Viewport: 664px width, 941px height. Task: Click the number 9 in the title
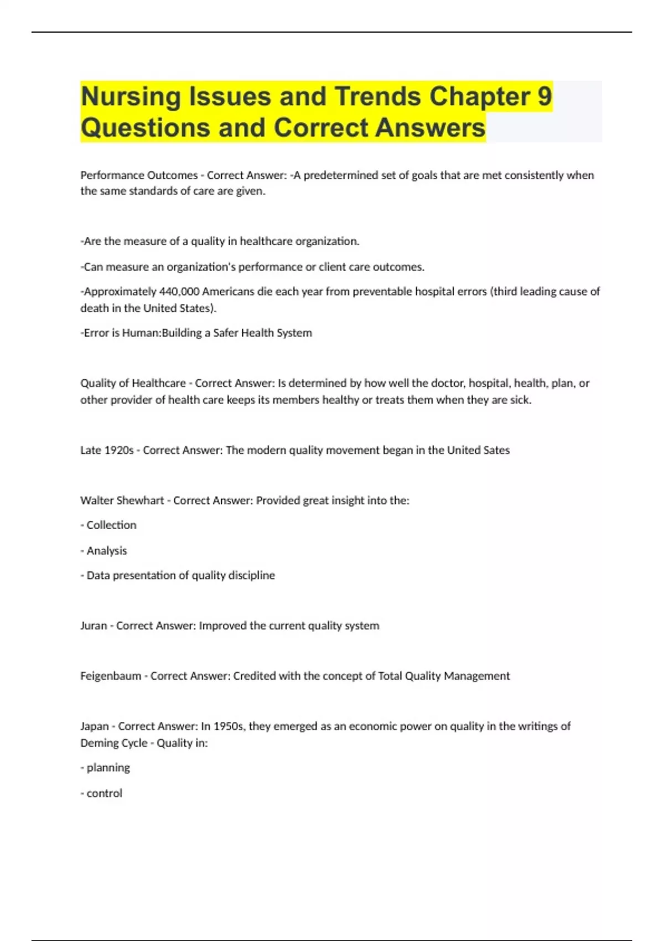coord(544,96)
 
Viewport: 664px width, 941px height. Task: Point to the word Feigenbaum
coord(111,676)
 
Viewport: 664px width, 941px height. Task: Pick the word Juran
coord(94,625)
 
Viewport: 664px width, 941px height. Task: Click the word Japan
coord(95,726)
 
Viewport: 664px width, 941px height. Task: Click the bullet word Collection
coord(111,525)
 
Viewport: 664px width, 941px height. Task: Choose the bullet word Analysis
coord(107,551)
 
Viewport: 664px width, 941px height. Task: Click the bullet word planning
coord(108,768)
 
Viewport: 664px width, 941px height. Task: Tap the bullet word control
coord(105,793)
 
